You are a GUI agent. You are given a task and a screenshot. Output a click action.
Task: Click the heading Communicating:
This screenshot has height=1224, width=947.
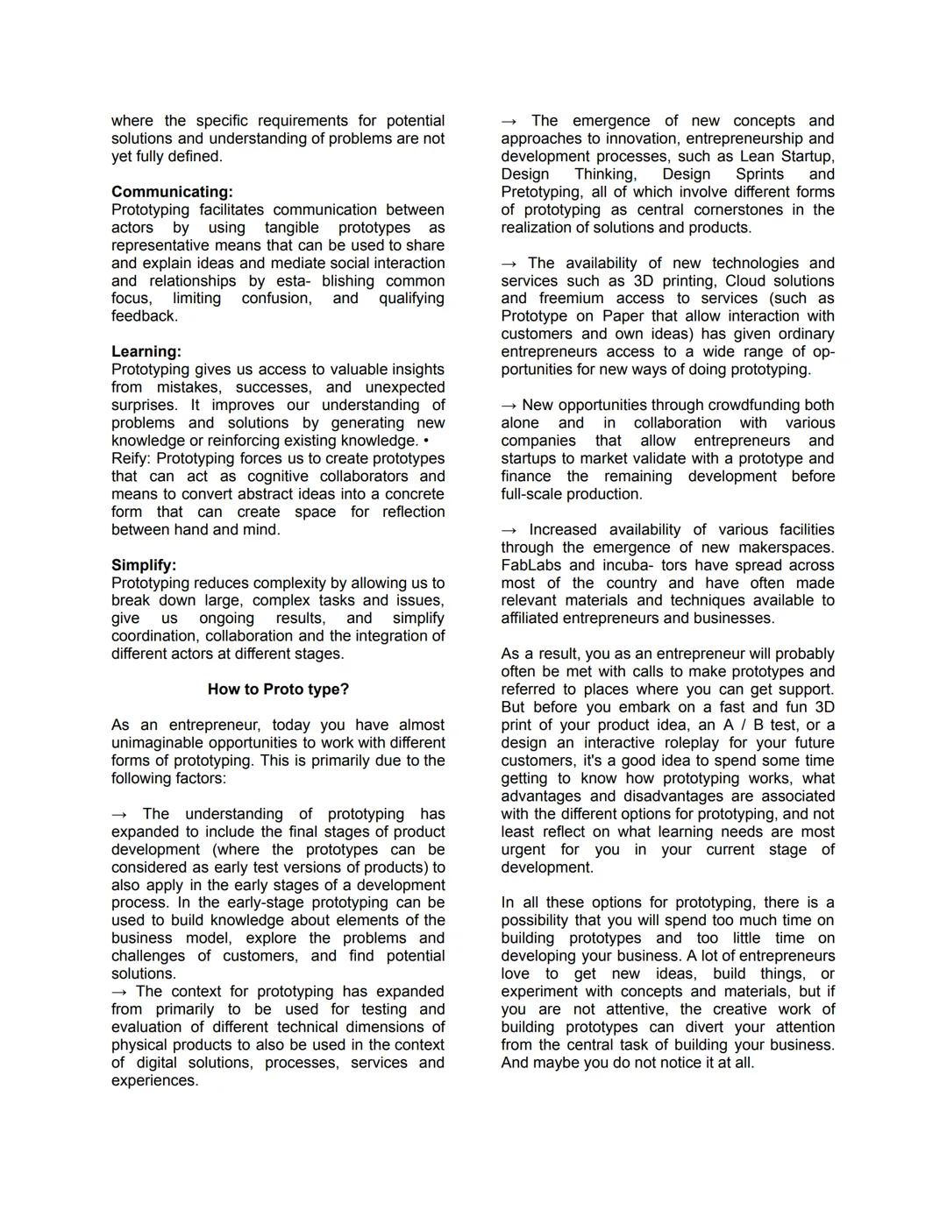[172, 192]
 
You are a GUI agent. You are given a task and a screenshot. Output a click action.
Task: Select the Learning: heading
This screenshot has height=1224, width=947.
[146, 351]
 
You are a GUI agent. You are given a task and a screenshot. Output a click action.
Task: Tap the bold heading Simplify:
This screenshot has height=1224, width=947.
[144, 565]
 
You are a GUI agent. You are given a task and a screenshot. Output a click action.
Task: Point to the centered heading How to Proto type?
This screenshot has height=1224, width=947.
[278, 690]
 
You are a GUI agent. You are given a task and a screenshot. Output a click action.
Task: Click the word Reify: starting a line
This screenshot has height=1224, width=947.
[131, 458]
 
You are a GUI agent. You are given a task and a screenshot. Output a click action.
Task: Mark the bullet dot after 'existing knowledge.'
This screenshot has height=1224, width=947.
[425, 441]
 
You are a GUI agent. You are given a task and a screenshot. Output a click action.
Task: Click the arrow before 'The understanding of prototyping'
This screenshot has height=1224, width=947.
[120, 814]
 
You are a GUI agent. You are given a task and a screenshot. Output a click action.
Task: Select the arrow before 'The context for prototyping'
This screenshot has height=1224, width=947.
[120, 992]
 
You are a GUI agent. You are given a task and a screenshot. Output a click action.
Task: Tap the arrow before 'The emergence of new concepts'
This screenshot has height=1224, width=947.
[509, 121]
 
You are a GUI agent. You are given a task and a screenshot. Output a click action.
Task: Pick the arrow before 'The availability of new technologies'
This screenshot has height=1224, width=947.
[509, 263]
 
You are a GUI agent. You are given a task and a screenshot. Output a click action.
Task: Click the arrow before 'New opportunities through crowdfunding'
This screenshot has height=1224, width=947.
[509, 405]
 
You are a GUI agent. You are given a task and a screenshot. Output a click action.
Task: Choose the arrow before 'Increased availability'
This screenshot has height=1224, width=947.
[509, 530]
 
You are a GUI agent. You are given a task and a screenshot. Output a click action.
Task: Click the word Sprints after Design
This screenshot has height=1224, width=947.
[759, 174]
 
